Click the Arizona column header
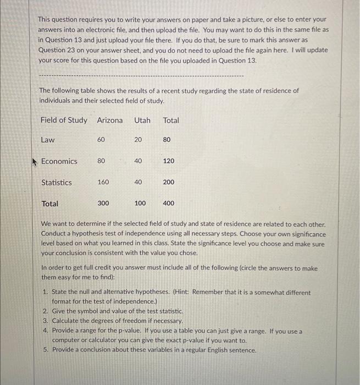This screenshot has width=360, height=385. pyautogui.click(x=110, y=120)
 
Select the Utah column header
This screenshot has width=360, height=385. pyautogui.click(x=142, y=120)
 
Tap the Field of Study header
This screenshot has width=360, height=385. pyautogui.click(x=64, y=120)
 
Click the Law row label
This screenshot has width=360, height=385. pyautogui.click(x=48, y=140)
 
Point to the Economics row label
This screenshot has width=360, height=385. pyautogui.click(x=59, y=161)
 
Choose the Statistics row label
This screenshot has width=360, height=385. pyautogui.click(x=57, y=183)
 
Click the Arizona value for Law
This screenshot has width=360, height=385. pyautogui.click(x=101, y=140)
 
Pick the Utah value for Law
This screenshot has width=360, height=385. pyautogui.click(x=138, y=140)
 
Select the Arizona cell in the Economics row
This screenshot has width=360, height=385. pyautogui.click(x=101, y=161)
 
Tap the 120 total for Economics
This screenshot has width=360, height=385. pyautogui.click(x=169, y=161)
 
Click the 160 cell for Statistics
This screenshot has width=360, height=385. pyautogui.click(x=103, y=182)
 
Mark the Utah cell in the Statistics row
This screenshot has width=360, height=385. pyautogui.click(x=138, y=182)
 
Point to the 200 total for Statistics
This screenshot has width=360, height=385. pyautogui.click(x=169, y=182)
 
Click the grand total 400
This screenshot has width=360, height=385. pyautogui.click(x=169, y=204)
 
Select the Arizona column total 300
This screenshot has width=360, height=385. pyautogui.click(x=103, y=204)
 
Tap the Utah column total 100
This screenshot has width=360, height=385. pyautogui.click(x=140, y=204)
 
